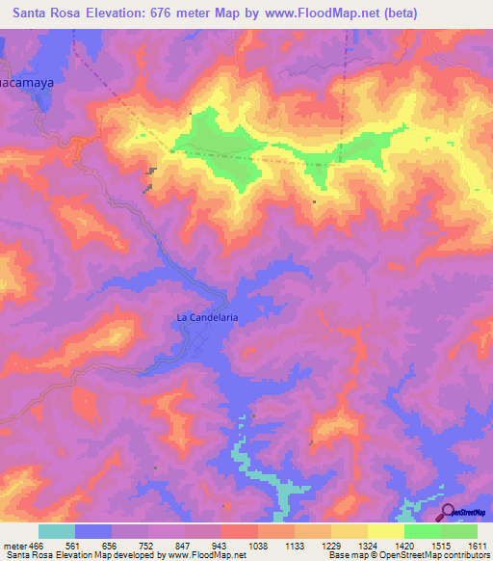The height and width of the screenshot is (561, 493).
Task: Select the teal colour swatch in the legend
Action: click(x=57, y=531)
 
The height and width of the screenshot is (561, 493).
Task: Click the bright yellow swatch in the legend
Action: click(x=386, y=531)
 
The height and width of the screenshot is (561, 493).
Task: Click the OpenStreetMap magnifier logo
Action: click(x=447, y=513)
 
